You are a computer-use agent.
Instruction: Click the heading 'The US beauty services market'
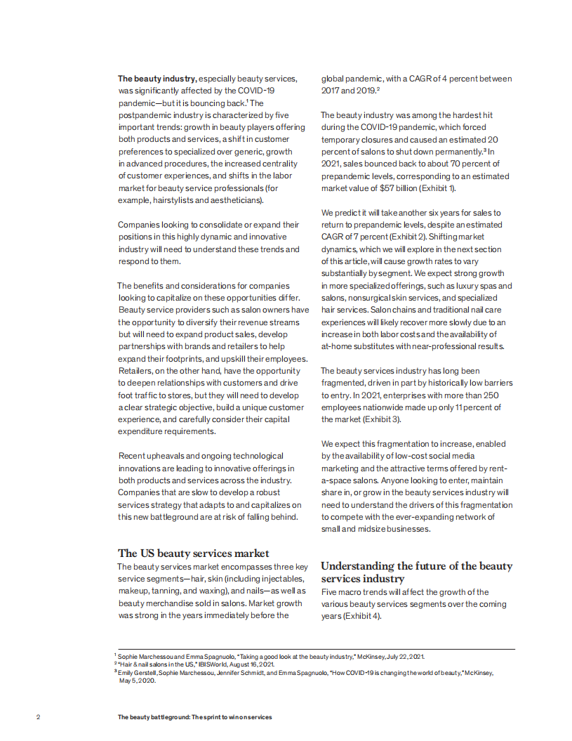pyautogui.click(x=193, y=553)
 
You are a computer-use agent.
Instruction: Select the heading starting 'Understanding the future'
pyautogui.click(x=416, y=572)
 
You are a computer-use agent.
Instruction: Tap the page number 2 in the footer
pyautogui.click(x=38, y=717)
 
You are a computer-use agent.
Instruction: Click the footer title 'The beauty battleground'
pyautogui.click(x=194, y=717)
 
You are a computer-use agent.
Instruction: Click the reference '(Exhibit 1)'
pyautogui.click(x=438, y=188)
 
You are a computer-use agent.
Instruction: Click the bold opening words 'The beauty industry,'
pyautogui.click(x=157, y=79)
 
